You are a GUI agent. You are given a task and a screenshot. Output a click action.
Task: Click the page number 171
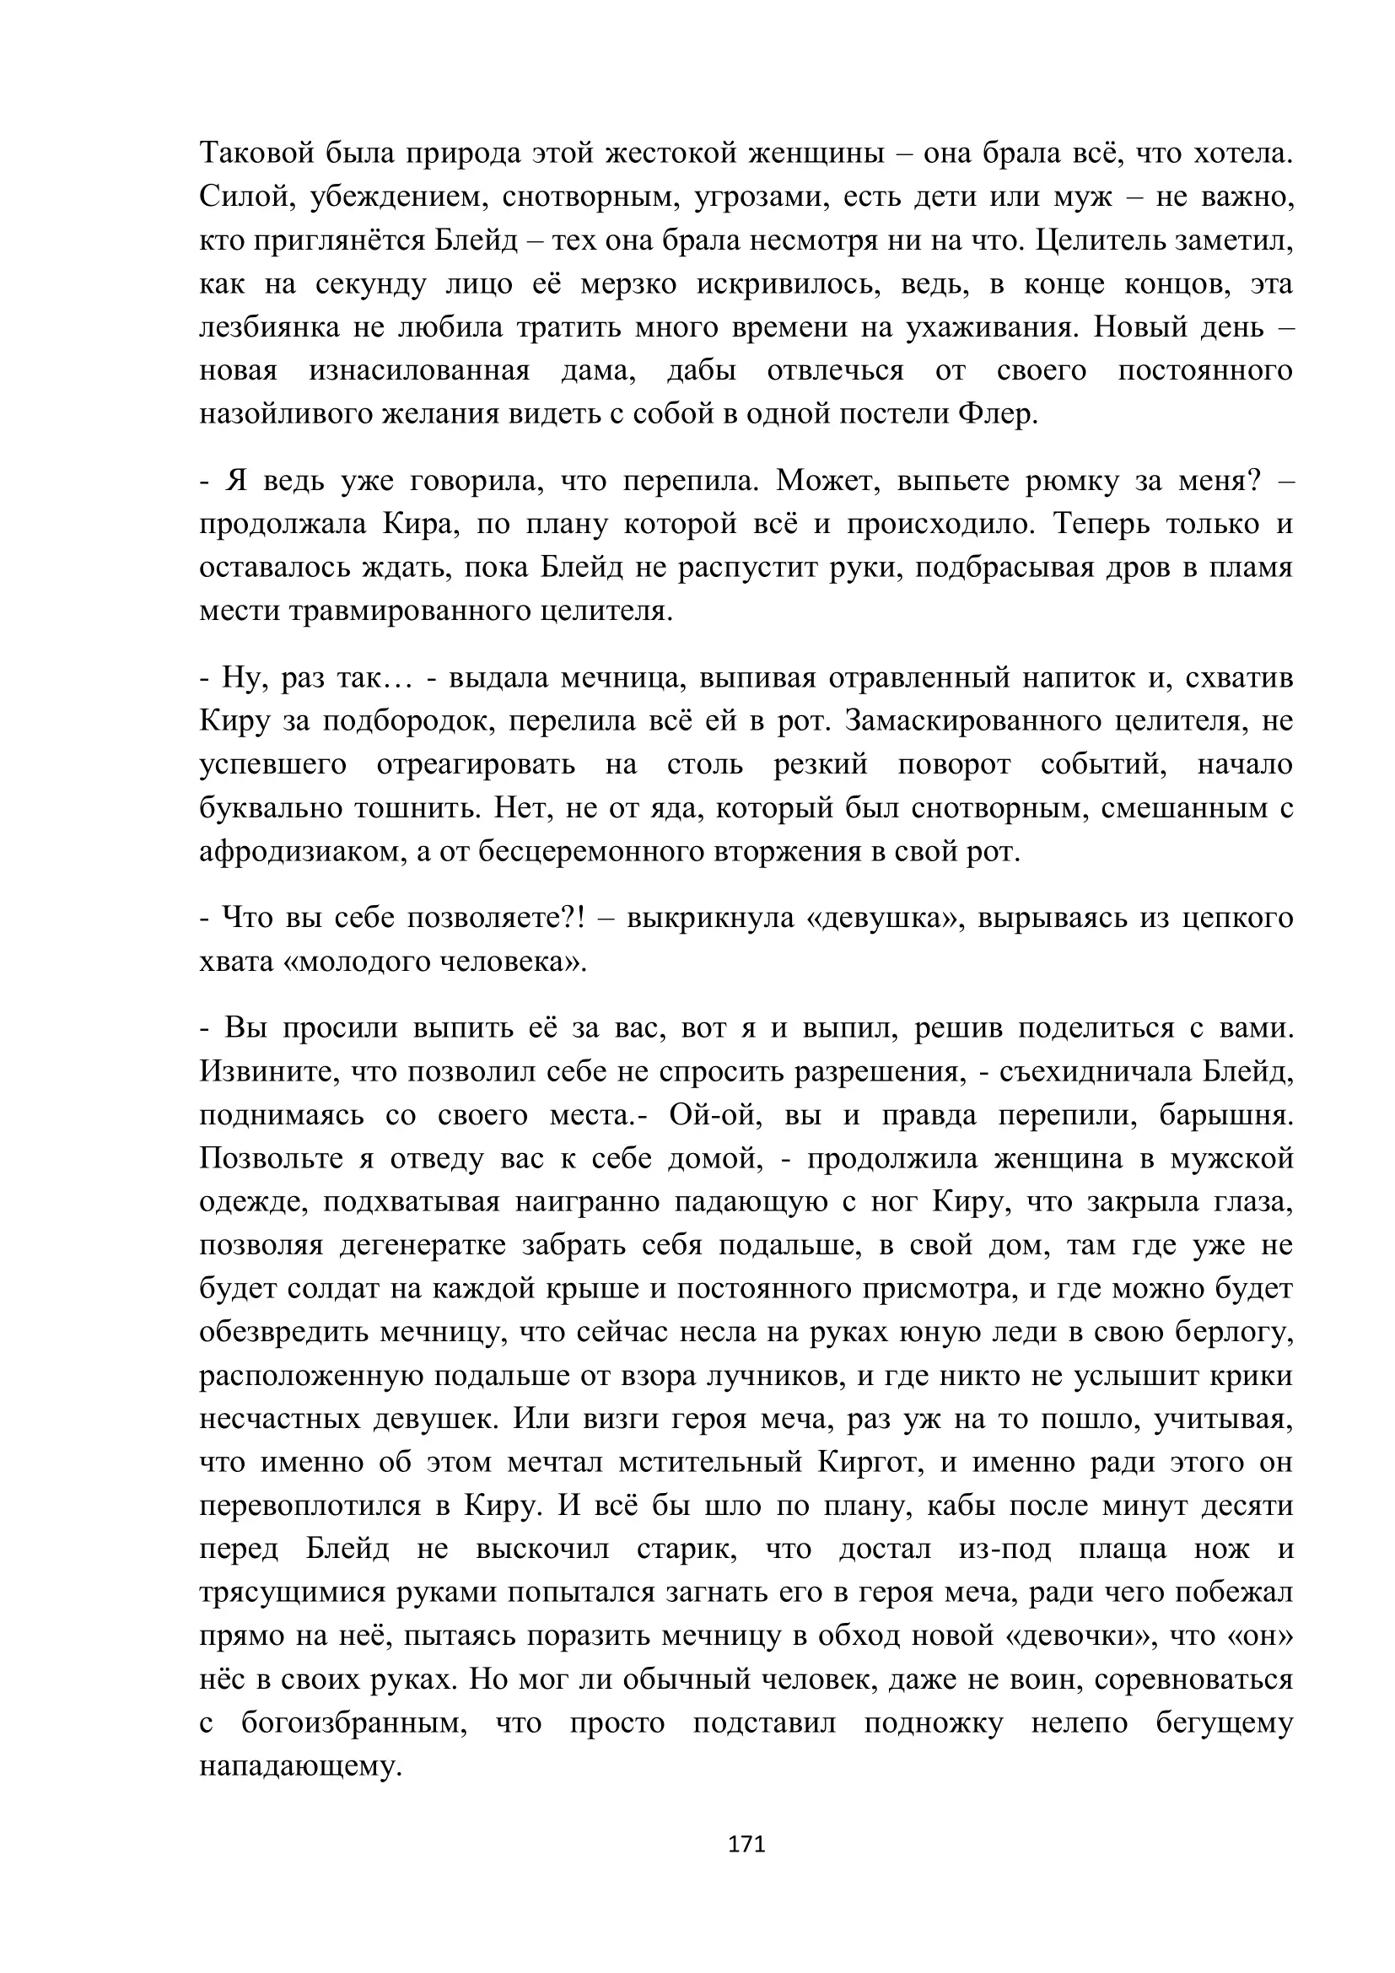click(x=746, y=1844)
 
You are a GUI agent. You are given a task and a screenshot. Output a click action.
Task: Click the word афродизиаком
click(x=304, y=852)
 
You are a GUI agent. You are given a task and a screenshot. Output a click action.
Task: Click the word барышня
click(x=1225, y=1115)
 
